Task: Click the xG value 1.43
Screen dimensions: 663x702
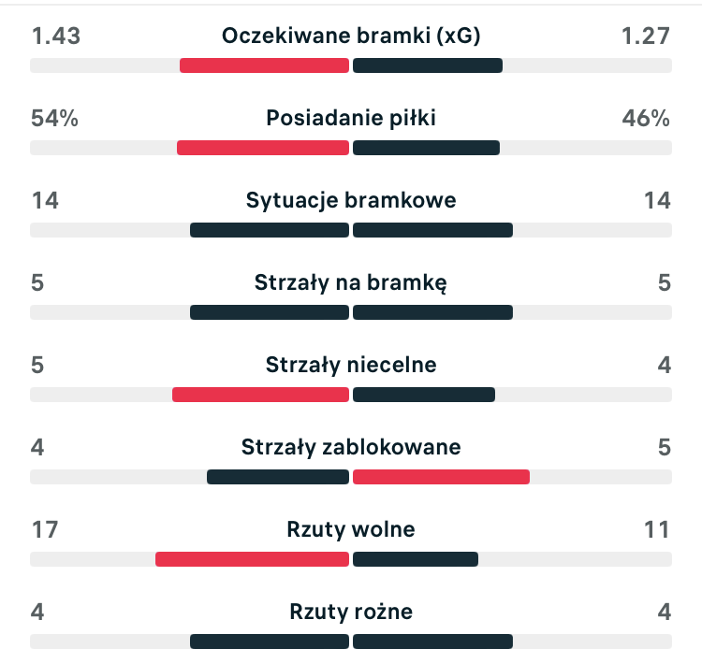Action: (x=56, y=36)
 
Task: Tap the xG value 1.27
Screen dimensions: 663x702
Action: (x=646, y=36)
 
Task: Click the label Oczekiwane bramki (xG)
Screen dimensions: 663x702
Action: (x=351, y=36)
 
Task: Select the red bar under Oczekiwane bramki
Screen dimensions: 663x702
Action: (x=264, y=65)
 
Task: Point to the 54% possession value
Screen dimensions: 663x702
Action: (x=54, y=119)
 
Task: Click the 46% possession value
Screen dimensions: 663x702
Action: (x=646, y=119)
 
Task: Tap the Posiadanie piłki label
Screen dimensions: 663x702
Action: (x=351, y=119)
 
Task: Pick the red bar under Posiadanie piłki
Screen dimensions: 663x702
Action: (x=263, y=148)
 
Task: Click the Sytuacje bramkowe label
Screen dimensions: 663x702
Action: (x=351, y=201)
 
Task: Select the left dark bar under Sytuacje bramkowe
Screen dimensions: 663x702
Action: (x=270, y=230)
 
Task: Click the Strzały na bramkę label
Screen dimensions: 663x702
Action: (x=351, y=283)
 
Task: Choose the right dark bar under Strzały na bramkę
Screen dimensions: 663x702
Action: (x=432, y=312)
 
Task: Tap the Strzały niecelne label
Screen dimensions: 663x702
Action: (x=351, y=366)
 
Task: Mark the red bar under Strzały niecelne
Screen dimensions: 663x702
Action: (x=260, y=395)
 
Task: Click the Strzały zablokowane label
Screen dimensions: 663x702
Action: (x=351, y=448)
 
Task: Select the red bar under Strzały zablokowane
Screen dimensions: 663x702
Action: (x=441, y=477)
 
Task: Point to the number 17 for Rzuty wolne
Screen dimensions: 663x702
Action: (x=44, y=530)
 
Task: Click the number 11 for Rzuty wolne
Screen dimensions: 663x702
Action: (x=656, y=530)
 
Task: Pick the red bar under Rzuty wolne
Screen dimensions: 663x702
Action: (x=252, y=559)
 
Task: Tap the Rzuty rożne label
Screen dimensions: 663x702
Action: (x=351, y=613)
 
